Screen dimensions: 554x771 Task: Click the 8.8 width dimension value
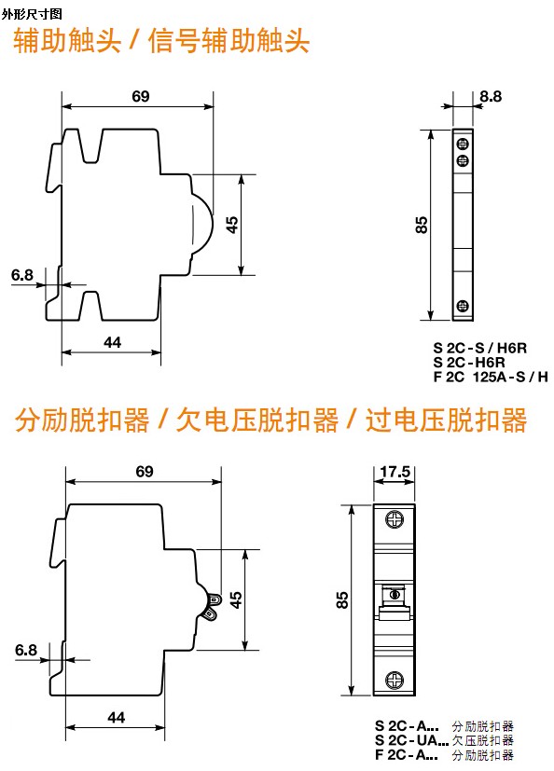coord(491,96)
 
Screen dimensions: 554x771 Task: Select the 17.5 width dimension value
coord(395,472)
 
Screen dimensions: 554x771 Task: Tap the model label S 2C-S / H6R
coord(479,348)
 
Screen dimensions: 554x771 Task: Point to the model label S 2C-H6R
coord(469,363)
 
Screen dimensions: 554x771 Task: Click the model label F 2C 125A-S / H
coord(491,378)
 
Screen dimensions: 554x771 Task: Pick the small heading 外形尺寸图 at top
coord(32,14)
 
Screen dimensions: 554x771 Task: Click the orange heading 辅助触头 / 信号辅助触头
coord(161,40)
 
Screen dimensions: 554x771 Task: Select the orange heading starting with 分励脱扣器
coord(270,420)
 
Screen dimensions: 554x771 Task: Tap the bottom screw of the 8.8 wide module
coord(463,306)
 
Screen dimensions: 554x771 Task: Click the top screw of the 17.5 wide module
coord(395,518)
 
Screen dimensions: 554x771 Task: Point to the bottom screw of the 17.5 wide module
coord(395,680)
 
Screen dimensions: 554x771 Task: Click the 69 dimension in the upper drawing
coord(140,96)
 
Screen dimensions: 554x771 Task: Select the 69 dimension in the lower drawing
coord(145,472)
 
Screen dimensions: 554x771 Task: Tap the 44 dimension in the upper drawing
coord(112,342)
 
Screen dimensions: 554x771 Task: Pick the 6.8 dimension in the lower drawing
coord(25,650)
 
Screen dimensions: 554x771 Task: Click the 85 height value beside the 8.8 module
coord(422,225)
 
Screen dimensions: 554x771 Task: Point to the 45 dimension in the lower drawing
coord(236,599)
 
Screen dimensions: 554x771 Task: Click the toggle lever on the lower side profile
coord(211,607)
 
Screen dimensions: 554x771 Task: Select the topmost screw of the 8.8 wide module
coord(463,145)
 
